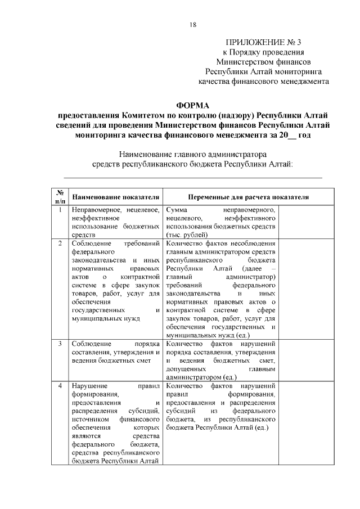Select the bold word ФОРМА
point(193,105)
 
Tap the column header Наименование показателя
point(115,197)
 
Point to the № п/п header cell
point(60,195)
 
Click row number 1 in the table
point(60,210)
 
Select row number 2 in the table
point(60,244)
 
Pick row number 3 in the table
point(60,343)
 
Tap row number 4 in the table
point(60,386)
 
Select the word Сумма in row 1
point(177,210)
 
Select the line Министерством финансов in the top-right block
point(264,62)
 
